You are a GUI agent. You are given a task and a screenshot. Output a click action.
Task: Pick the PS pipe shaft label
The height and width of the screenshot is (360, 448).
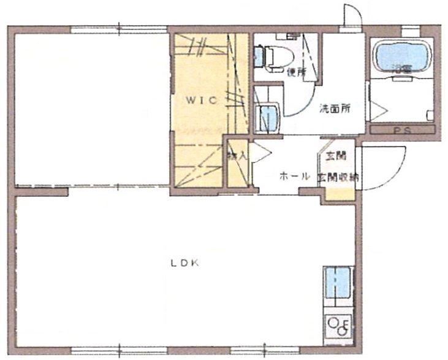[x=402, y=131]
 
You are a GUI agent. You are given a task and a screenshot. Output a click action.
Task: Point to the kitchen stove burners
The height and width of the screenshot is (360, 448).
[x=337, y=323]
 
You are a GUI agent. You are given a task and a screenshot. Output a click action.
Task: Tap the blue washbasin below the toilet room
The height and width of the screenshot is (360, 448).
[x=267, y=118]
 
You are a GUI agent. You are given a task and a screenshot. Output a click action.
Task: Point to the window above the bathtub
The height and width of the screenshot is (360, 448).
[x=410, y=30]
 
